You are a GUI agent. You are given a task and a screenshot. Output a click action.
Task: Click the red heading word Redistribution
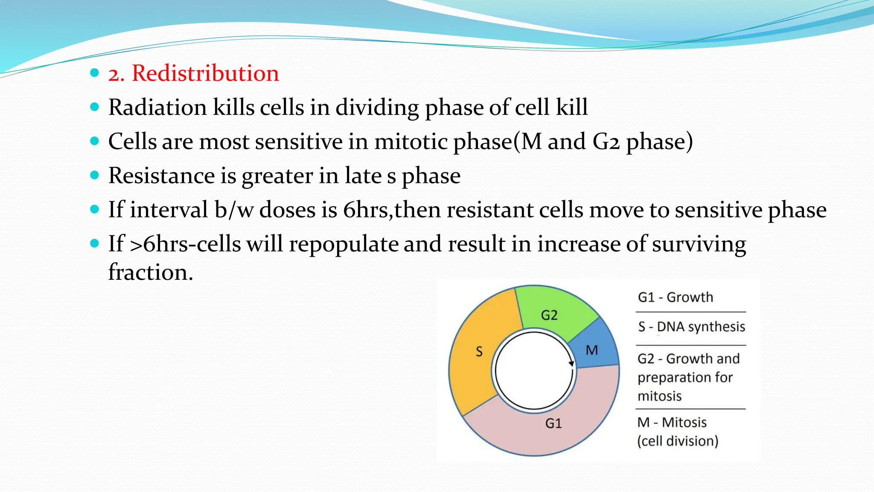[205, 73]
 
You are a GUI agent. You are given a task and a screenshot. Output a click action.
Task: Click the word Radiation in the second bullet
[157, 107]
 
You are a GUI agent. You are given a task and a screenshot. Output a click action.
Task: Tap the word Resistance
[161, 176]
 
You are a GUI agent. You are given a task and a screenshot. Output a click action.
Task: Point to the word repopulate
[343, 244]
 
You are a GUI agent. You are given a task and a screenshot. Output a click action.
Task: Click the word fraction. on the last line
[150, 272]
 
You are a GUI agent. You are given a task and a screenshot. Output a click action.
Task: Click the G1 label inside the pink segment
[554, 423]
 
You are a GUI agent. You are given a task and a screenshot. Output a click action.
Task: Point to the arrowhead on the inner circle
[571, 363]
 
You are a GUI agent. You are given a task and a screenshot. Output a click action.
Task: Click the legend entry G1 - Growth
[675, 297]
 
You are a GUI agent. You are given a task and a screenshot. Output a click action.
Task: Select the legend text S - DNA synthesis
[691, 327]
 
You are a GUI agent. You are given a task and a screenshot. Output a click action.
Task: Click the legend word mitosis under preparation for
[659, 396]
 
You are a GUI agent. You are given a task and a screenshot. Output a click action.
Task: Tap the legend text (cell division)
[678, 441]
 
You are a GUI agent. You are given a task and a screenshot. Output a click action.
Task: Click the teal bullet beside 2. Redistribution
[95, 73]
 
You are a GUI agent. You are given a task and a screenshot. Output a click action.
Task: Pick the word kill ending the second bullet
[572, 107]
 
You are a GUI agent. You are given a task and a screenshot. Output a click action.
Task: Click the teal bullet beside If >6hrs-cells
[95, 244]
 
